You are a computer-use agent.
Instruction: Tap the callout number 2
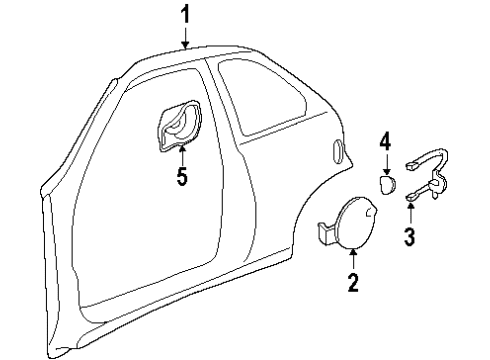click(x=352, y=282)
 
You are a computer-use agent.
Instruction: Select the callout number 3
click(x=409, y=235)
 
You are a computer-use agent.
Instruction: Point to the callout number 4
click(x=384, y=144)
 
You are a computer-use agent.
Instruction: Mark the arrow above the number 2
click(x=352, y=259)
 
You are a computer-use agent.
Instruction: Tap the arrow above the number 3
click(x=409, y=212)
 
